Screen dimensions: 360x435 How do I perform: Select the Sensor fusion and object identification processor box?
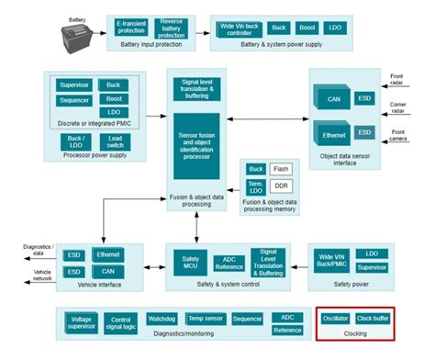click(x=197, y=145)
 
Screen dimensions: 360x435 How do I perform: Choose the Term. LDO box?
click(x=256, y=187)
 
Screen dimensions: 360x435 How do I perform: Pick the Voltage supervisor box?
click(x=81, y=322)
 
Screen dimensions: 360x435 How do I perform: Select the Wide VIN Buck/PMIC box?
click(x=330, y=261)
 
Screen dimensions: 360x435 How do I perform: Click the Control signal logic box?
click(x=123, y=322)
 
